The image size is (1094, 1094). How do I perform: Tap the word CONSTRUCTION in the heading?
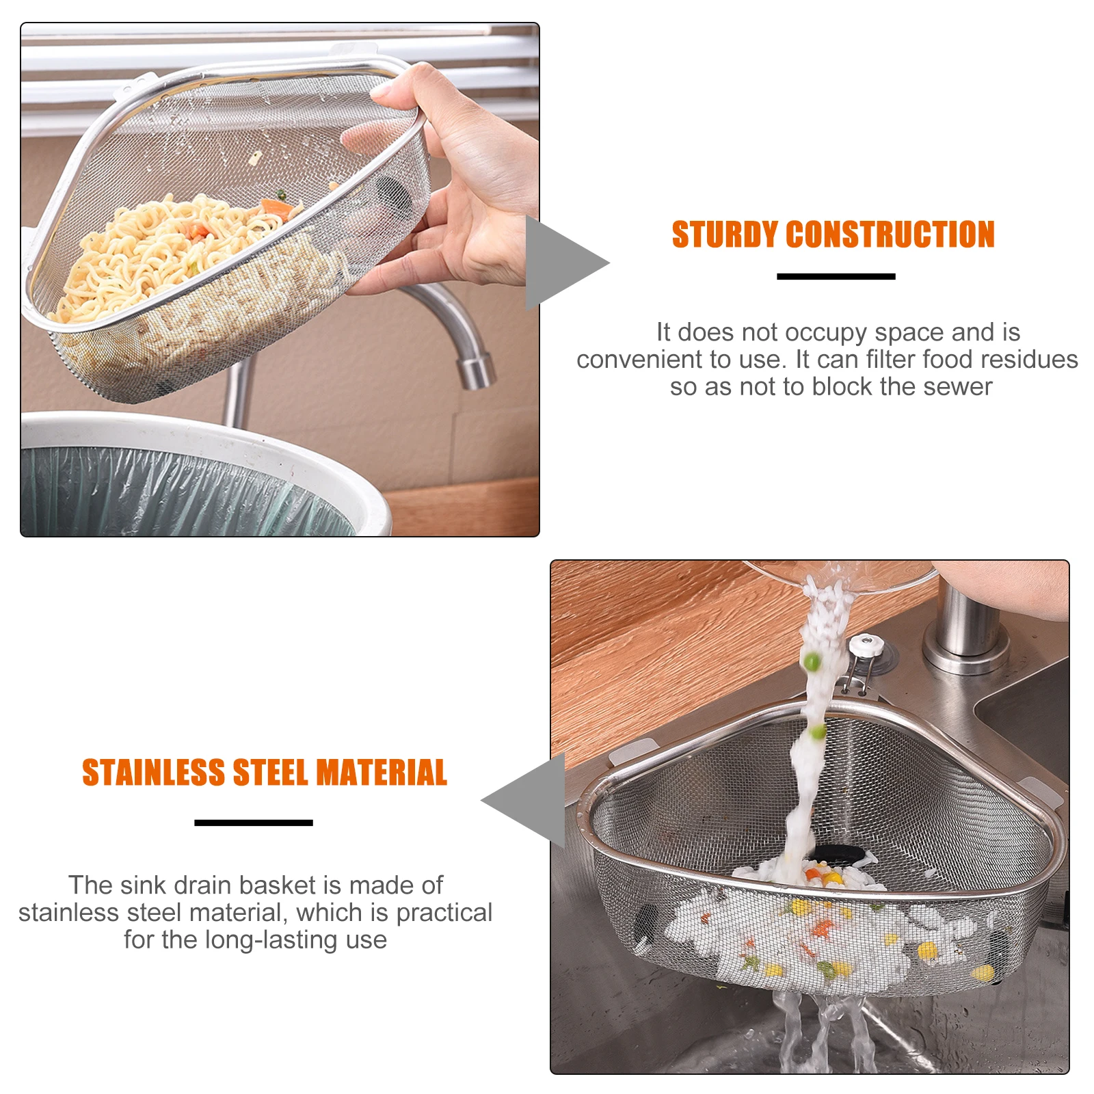(890, 235)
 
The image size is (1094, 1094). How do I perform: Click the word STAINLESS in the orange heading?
(153, 773)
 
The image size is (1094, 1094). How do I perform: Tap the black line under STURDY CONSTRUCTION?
(836, 276)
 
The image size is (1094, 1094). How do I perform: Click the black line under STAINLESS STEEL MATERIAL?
(254, 823)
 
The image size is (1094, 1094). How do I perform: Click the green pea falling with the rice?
(812, 661)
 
